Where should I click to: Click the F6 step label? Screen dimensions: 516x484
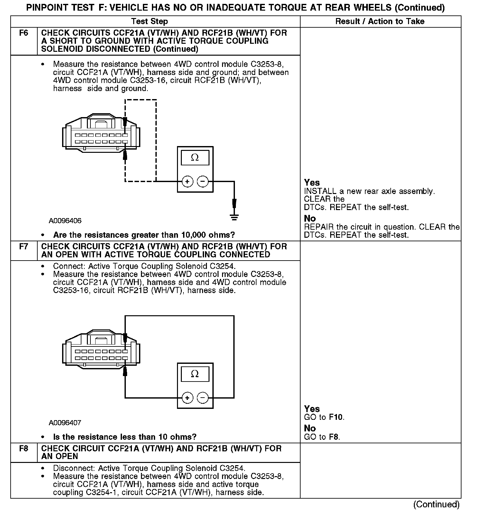[x=24, y=33]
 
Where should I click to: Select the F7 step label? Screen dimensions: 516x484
[x=24, y=247]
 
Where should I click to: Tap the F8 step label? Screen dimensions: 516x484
[x=24, y=448]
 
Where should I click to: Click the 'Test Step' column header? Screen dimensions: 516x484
[x=149, y=22]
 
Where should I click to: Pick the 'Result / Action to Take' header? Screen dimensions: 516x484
[x=380, y=22]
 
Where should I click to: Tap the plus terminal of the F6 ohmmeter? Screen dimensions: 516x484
[x=187, y=182]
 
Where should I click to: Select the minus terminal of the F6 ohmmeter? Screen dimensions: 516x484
[x=202, y=182]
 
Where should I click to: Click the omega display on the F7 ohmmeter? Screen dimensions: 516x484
[x=195, y=374]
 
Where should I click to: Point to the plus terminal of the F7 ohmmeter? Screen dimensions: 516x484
[x=187, y=398]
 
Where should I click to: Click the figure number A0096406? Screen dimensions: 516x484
[x=65, y=221]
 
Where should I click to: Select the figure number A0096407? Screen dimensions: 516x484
[x=65, y=423]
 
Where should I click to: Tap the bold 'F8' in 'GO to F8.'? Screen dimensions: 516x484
[x=334, y=437]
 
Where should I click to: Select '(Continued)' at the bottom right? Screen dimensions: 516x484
[x=436, y=504]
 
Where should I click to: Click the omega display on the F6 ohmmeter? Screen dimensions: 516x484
[x=195, y=158]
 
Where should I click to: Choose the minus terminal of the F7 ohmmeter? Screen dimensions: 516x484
[x=202, y=398]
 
